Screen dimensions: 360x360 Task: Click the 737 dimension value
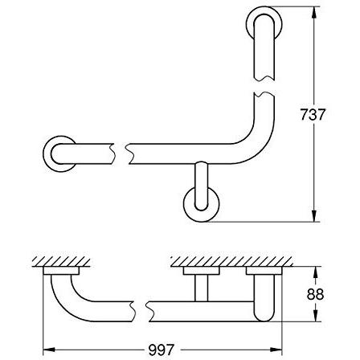pyautogui.click(x=312, y=114)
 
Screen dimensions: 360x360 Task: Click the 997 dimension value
pyautogui.click(x=162, y=350)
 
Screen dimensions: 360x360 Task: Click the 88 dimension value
pyautogui.click(x=315, y=294)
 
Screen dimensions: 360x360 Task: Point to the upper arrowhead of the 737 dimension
pyautogui.click(x=316, y=13)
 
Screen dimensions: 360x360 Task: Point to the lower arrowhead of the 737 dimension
pyautogui.click(x=316, y=216)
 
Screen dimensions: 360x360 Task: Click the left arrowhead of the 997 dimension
pyautogui.click(x=49, y=350)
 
